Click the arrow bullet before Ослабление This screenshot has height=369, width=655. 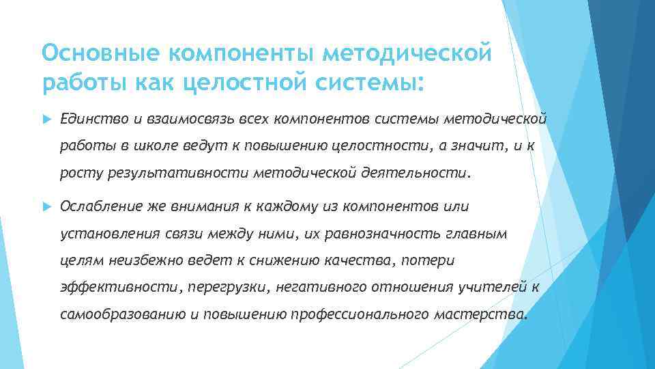(46, 206)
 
